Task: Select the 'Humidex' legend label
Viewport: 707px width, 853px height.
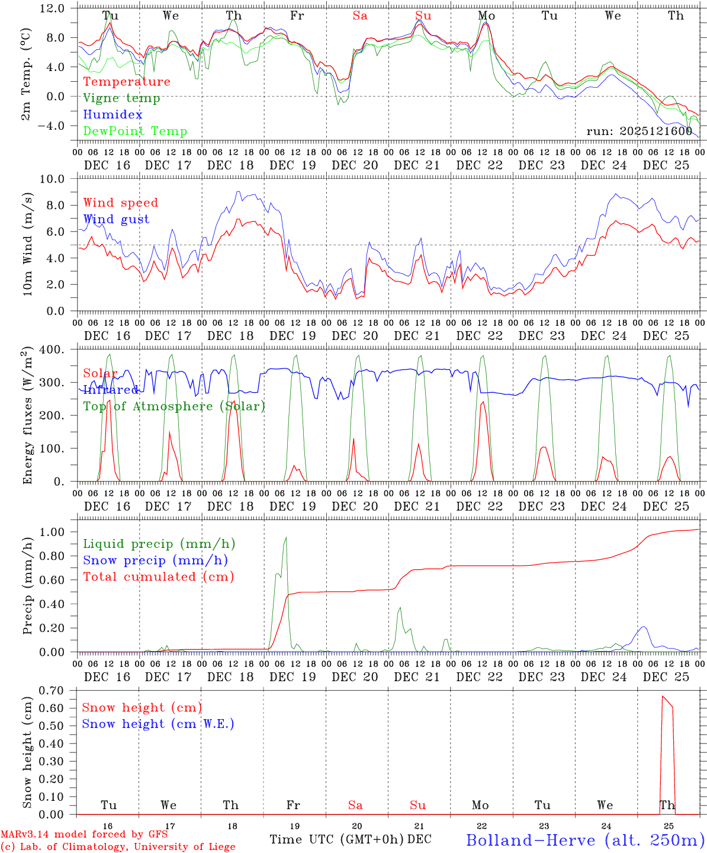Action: point(113,115)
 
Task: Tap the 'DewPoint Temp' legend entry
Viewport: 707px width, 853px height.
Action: point(135,132)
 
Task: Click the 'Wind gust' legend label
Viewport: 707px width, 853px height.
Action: point(116,219)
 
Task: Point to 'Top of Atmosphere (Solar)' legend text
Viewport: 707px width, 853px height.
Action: point(174,406)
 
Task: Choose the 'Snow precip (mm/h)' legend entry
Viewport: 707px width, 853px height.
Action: point(155,560)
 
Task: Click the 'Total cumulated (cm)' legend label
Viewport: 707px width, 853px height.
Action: point(159,576)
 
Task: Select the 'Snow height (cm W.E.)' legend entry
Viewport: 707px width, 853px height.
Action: point(158,724)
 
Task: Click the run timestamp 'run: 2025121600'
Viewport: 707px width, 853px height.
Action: point(639,131)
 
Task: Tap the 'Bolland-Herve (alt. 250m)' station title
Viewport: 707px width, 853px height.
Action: point(585,840)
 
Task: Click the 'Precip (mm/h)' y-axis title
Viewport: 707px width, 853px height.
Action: point(27,586)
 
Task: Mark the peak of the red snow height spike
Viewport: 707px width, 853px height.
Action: point(663,696)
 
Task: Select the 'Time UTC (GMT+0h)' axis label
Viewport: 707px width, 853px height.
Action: point(336,839)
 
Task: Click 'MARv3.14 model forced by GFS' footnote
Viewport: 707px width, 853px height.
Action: point(84,835)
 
